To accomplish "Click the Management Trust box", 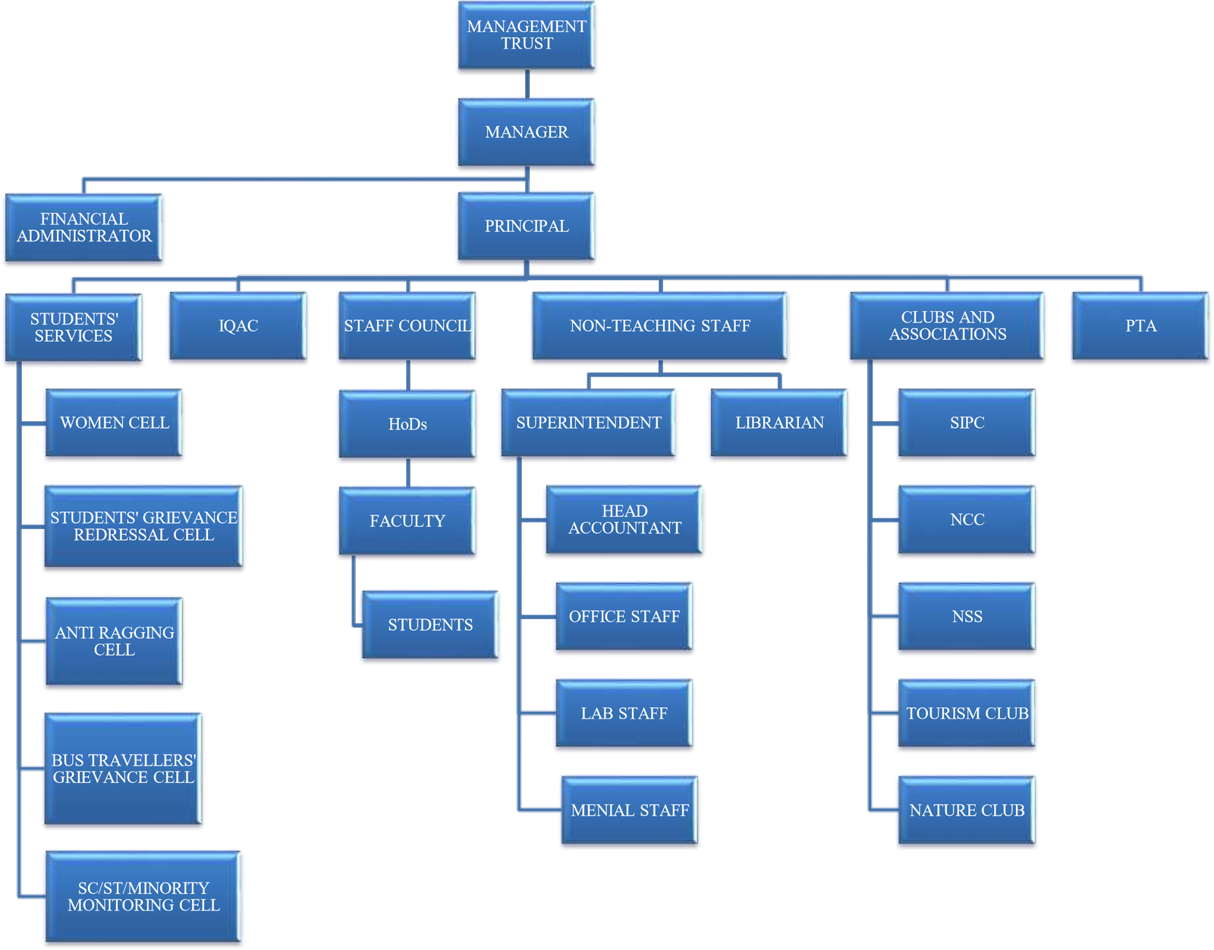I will (527, 36).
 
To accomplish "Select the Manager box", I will (527, 132).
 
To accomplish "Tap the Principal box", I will (527, 227).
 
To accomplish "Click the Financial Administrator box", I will (83, 228).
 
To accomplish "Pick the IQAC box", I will (238, 326).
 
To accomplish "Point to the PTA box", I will (1140, 326).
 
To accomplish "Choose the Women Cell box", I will (114, 423).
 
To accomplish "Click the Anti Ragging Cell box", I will (114, 641).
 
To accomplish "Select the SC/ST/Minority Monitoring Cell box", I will (143, 897).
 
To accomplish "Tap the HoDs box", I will (407, 424).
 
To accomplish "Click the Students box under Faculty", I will (430, 625).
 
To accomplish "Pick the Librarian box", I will (778, 423).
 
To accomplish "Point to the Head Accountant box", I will (624, 521).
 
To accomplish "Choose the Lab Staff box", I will (624, 714).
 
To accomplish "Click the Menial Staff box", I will (630, 810).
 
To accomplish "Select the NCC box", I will (967, 521).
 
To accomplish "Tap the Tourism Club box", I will (967, 714).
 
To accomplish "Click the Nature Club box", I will (967, 810).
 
